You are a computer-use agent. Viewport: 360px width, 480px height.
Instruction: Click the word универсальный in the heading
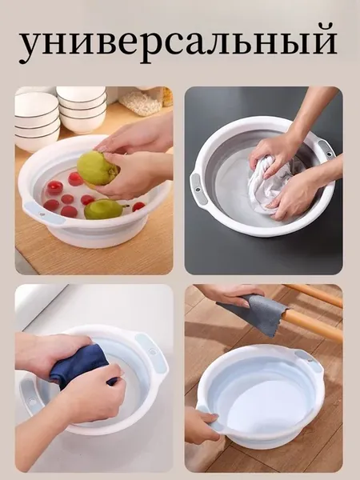pyautogui.click(x=178, y=43)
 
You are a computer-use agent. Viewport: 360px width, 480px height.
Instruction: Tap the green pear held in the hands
pyautogui.click(x=97, y=169)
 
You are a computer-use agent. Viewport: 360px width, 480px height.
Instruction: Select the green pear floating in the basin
pyautogui.click(x=104, y=209)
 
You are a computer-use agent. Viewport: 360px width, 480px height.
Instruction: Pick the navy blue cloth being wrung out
pyautogui.click(x=80, y=366)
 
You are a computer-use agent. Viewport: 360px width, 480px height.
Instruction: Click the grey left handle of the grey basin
pyautogui.click(x=198, y=190)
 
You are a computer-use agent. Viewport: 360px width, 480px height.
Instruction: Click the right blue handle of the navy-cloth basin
pyautogui.click(x=151, y=351)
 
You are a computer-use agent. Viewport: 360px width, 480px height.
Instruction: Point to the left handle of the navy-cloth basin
pyautogui.click(x=30, y=397)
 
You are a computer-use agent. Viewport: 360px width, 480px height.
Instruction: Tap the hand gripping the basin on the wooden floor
pyautogui.click(x=202, y=425)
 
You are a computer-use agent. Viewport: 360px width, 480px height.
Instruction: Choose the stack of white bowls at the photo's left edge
pyautogui.click(x=37, y=120)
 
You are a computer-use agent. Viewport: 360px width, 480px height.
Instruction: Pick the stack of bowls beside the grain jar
pyautogui.click(x=82, y=109)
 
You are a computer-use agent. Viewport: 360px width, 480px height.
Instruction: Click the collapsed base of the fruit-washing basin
pyautogui.click(x=98, y=236)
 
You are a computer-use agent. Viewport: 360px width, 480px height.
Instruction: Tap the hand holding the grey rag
pyautogui.click(x=233, y=294)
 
